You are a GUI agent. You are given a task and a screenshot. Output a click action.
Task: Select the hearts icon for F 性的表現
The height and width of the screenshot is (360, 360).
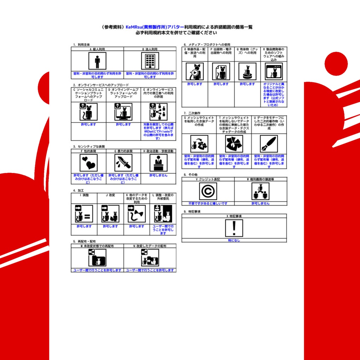coord(88,163)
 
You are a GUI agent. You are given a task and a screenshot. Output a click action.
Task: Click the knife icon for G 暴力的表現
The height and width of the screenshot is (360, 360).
coord(123,163)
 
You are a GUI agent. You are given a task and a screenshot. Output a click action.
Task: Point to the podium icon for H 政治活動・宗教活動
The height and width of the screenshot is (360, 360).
coord(158,163)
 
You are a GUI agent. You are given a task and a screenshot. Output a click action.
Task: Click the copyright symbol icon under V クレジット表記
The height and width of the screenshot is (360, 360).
coord(208,191)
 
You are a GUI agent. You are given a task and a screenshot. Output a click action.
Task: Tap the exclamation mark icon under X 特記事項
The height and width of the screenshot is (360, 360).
coord(234,228)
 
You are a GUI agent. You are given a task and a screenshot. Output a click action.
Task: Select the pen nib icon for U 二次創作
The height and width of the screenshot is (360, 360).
coord(269,144)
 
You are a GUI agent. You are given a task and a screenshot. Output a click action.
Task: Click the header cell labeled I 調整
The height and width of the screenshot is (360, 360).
coord(84,195)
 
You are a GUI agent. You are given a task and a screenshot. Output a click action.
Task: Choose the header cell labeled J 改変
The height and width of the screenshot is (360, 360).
coord(110,195)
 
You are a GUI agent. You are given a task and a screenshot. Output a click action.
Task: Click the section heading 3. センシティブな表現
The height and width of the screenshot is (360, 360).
coord(89,146)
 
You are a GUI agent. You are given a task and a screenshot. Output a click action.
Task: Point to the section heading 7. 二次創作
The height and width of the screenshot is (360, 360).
coord(192,113)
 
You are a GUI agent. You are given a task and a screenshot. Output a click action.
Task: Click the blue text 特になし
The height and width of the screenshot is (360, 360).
coord(234,240)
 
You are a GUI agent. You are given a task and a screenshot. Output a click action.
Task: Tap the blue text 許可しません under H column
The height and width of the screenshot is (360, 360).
coord(158,175)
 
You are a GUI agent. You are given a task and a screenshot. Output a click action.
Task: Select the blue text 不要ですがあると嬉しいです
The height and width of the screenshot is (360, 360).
coord(208,204)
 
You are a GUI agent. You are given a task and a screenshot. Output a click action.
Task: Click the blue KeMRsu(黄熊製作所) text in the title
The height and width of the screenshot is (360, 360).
coord(146,27)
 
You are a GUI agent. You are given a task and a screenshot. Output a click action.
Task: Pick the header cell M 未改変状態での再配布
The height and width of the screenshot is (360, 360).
coord(97,246)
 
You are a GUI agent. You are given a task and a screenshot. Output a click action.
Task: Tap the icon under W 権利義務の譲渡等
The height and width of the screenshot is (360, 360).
coord(260,191)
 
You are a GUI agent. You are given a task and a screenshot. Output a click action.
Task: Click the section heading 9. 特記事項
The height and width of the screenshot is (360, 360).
coord(192,212)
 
